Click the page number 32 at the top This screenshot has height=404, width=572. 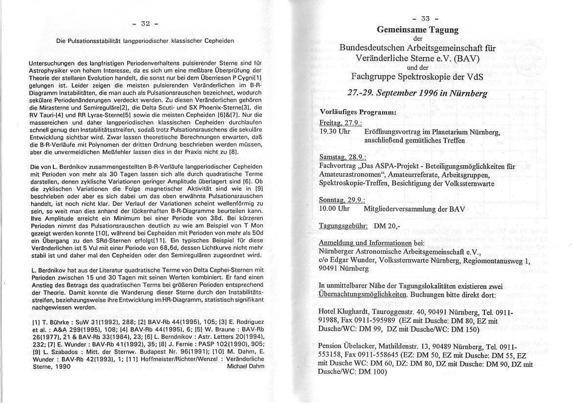[x=145, y=23]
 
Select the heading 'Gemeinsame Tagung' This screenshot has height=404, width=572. [x=417, y=30]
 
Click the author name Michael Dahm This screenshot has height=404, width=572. [x=246, y=366]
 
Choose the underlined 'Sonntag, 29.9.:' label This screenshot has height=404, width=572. [x=342, y=200]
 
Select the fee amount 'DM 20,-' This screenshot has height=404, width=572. [x=387, y=226]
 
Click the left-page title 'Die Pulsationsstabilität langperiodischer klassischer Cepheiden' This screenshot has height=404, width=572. [x=145, y=41]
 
